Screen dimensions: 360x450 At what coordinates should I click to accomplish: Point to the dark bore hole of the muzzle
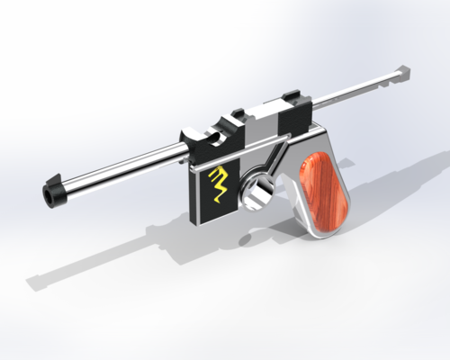click(48, 196)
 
